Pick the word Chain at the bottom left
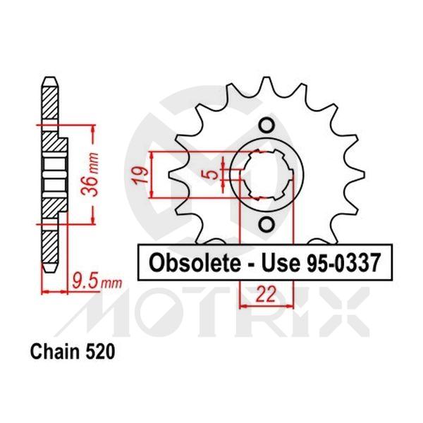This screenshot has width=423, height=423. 51,350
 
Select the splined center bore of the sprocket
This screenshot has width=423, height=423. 266,176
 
